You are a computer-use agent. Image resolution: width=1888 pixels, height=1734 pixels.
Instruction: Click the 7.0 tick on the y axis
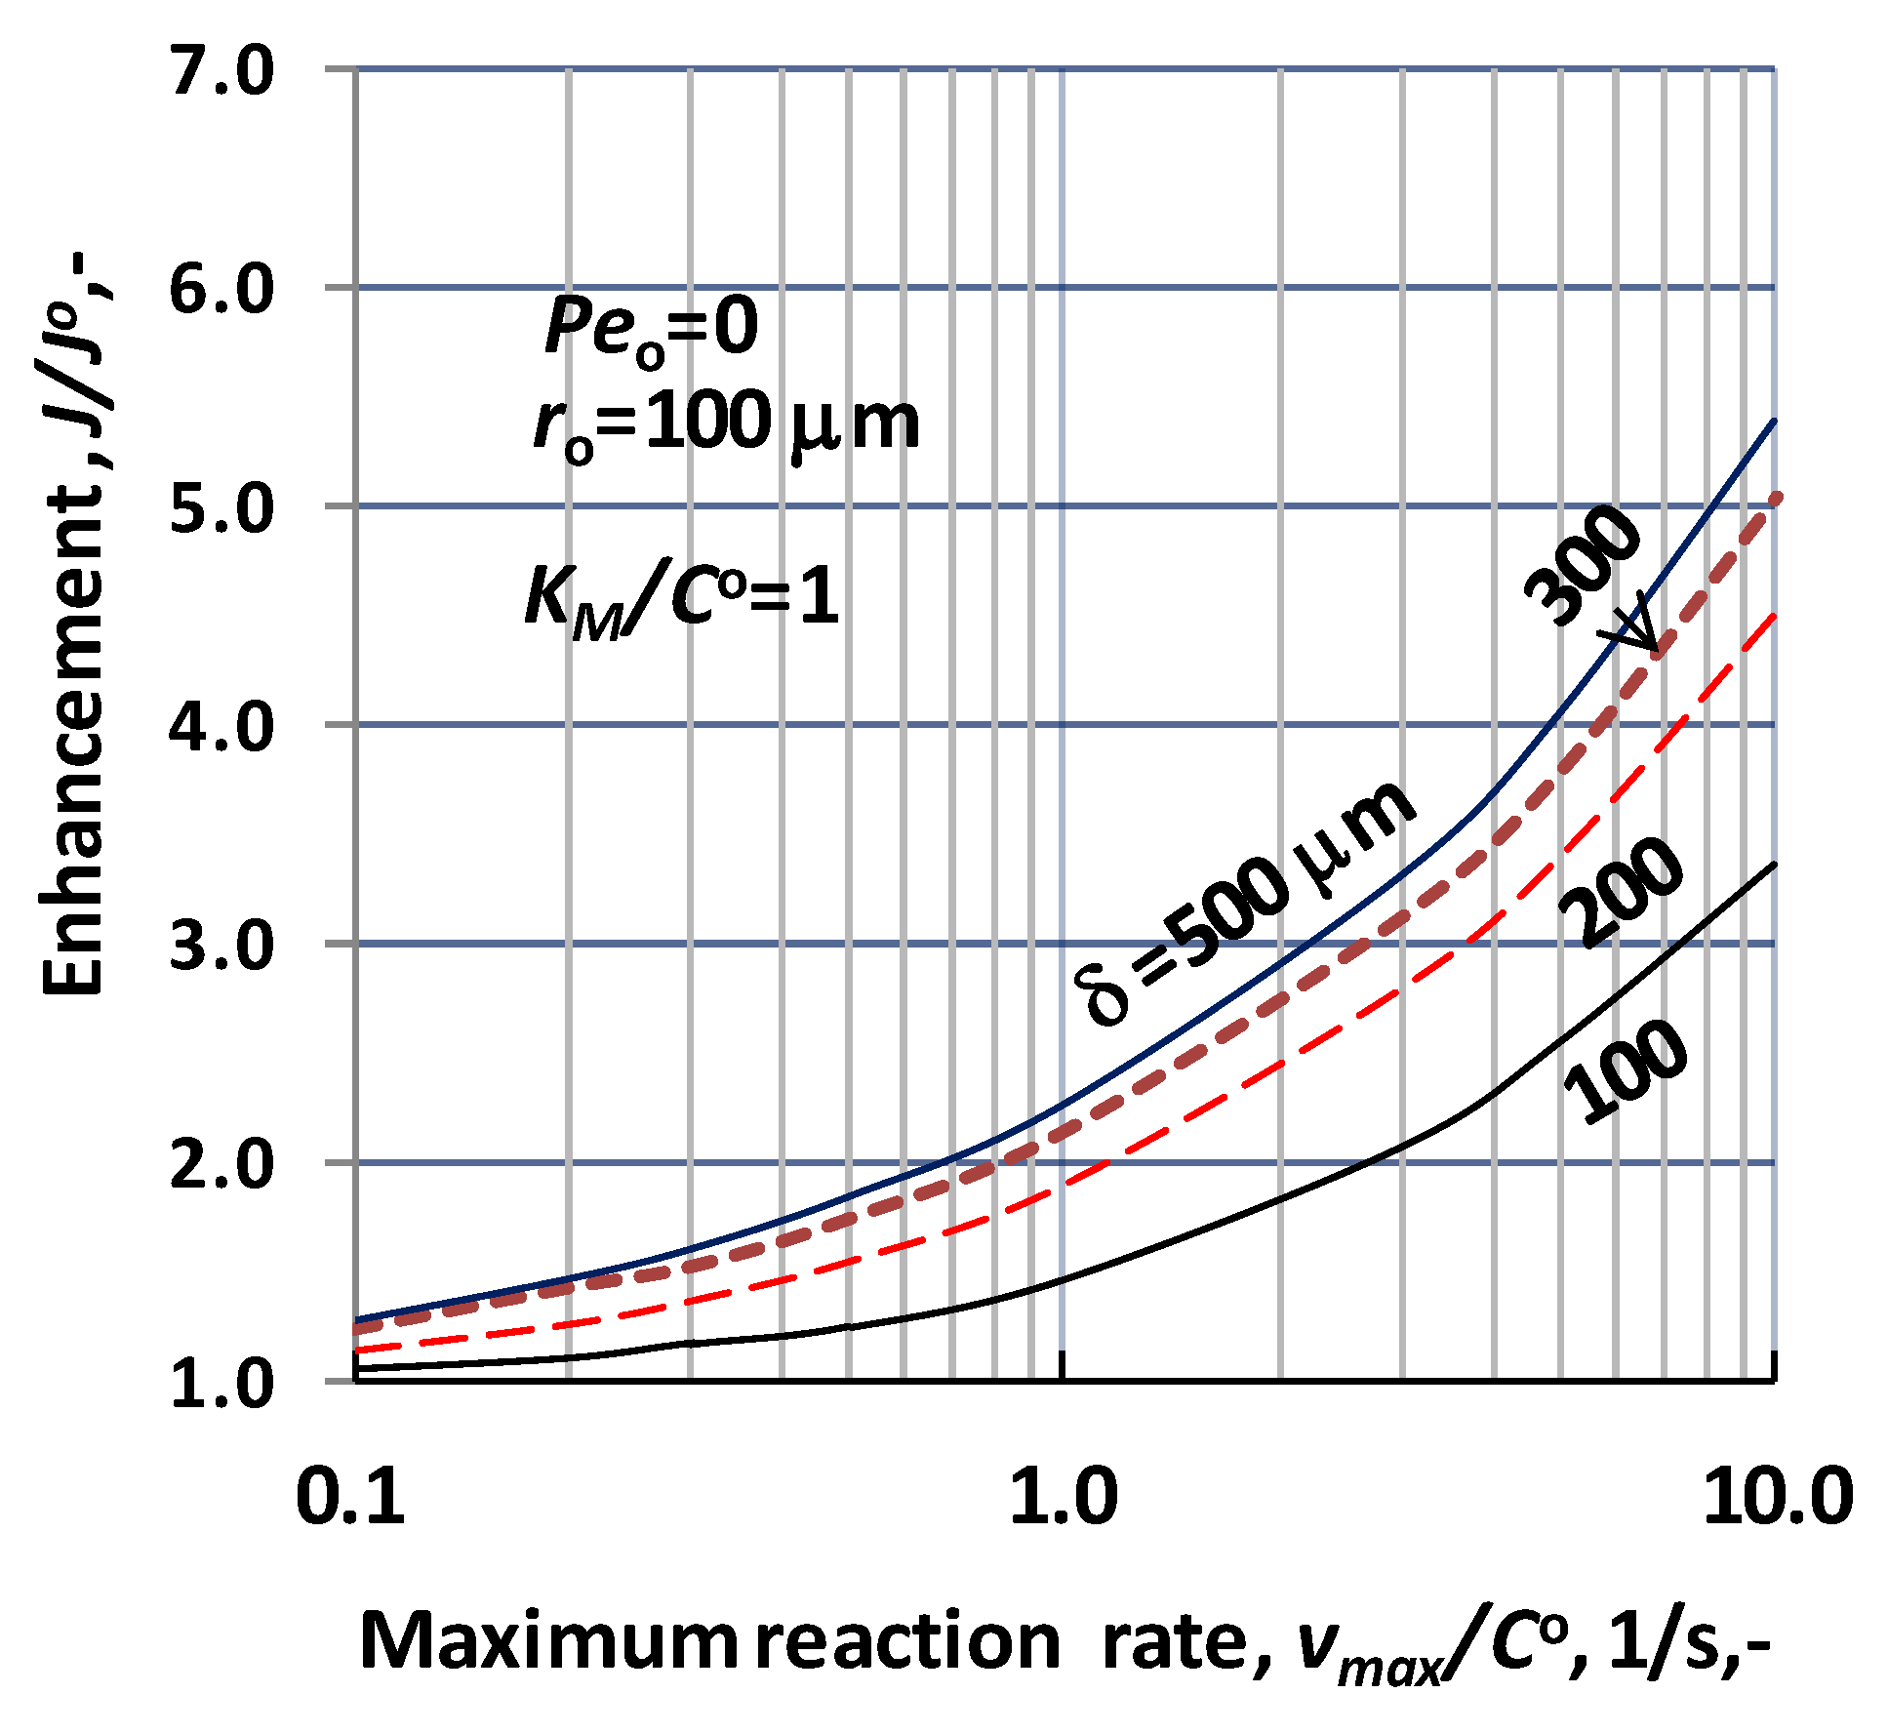(222, 72)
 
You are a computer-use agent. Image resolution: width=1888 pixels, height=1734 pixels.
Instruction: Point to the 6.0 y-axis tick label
(222, 291)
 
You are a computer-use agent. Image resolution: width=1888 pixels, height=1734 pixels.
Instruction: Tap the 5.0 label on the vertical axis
(222, 510)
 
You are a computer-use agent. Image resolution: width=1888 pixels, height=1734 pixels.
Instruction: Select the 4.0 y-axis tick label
(222, 729)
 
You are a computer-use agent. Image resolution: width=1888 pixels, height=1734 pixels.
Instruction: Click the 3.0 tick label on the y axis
(222, 948)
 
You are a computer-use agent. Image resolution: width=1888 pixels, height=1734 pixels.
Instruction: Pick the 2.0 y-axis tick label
(222, 1166)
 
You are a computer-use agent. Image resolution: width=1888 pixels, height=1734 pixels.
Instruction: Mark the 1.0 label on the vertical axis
(222, 1385)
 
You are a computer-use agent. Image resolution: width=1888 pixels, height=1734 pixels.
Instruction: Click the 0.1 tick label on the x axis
(350, 1498)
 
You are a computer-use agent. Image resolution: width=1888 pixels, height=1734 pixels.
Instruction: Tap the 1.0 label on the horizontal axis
(1063, 1498)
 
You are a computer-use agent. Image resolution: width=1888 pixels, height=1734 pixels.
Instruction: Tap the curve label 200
(1620, 892)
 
